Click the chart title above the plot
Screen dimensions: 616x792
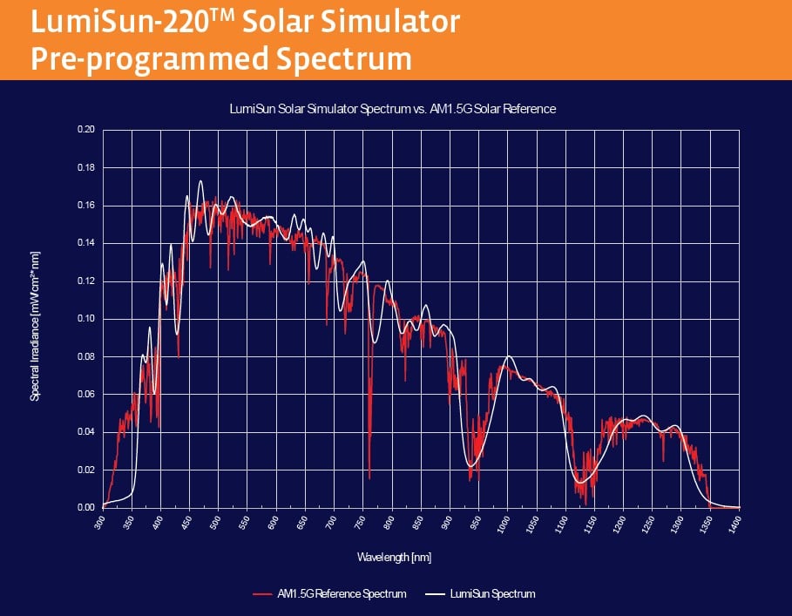[x=392, y=109]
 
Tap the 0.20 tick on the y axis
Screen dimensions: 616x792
[x=85, y=130]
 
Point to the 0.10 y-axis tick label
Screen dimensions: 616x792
[x=85, y=319]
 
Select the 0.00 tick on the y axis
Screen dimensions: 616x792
[x=85, y=507]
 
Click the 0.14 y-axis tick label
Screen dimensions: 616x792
[x=85, y=243]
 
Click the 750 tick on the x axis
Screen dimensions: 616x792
[x=360, y=522]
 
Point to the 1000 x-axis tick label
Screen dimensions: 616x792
[x=504, y=524]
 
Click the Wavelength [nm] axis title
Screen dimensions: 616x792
[x=394, y=556]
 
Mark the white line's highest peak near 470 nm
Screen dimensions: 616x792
[x=200, y=181]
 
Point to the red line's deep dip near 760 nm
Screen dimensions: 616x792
[x=369, y=477]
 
